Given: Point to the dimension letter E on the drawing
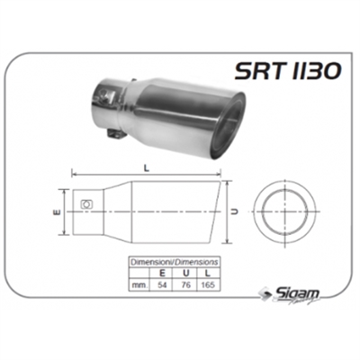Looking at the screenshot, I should (x=56, y=213).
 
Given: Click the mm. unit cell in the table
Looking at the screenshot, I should (x=139, y=283).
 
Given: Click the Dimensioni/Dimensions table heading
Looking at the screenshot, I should (x=173, y=261).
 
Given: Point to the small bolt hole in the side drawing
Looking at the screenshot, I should (x=86, y=205).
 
